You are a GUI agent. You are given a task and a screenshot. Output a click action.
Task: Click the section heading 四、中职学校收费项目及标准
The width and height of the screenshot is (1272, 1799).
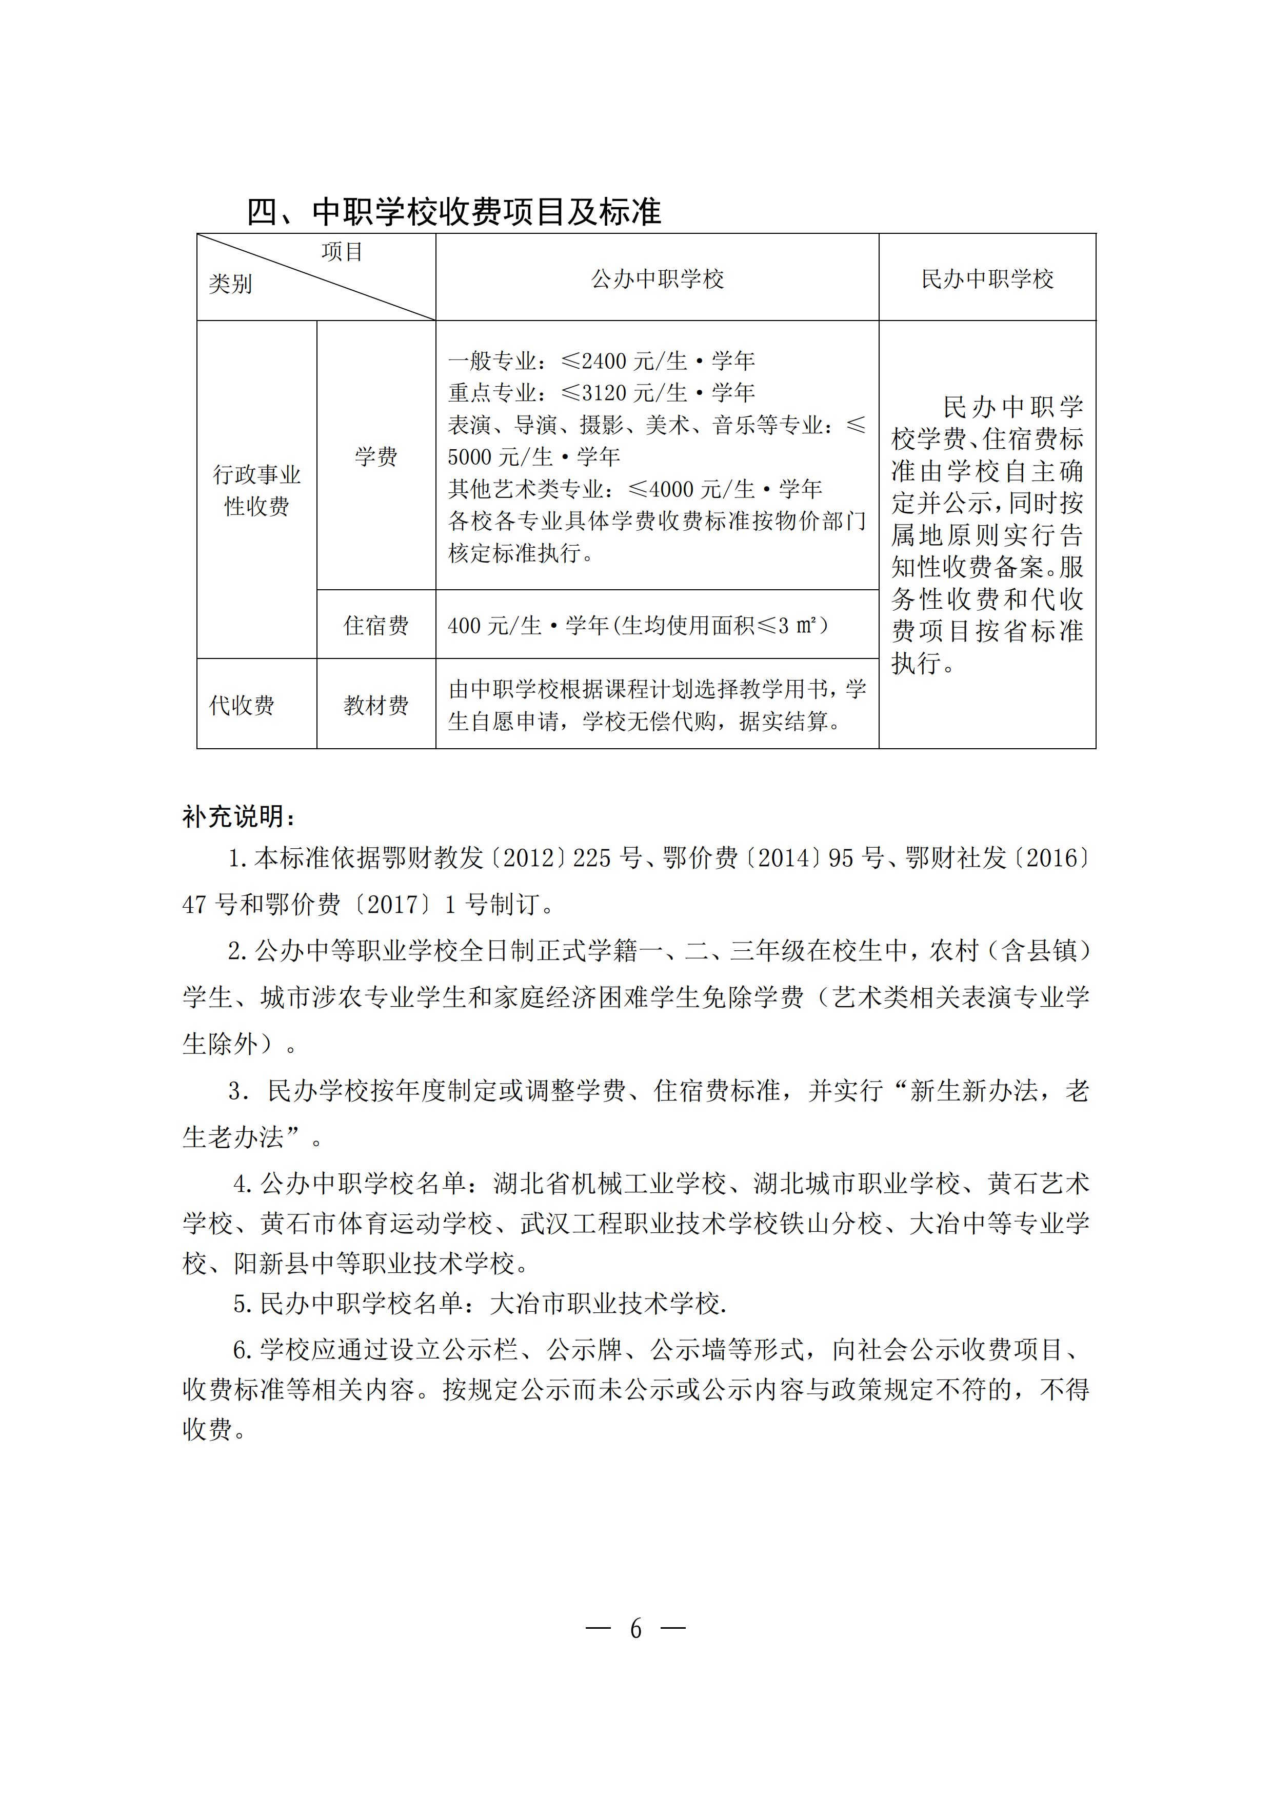pyautogui.click(x=454, y=212)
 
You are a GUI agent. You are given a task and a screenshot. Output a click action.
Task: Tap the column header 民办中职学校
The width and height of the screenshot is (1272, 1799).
pyautogui.click(x=987, y=279)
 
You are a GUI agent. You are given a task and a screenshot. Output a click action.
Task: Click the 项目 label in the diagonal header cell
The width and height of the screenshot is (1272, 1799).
pyautogui.click(x=342, y=251)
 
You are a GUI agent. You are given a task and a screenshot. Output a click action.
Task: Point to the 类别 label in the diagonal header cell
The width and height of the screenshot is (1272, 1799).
pyautogui.click(x=230, y=284)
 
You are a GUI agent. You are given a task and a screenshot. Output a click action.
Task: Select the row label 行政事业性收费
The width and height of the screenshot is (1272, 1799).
pyautogui.click(x=256, y=490)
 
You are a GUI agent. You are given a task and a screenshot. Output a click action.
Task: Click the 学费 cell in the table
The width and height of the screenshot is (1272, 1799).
pyautogui.click(x=376, y=457)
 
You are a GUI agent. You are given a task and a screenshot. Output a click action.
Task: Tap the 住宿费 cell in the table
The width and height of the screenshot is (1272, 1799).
pyautogui.click(x=376, y=625)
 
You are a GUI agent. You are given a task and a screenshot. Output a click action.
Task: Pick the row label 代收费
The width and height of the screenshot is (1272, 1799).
pyautogui.click(x=242, y=705)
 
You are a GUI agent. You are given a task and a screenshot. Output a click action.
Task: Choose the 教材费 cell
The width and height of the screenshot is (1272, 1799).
pyautogui.click(x=376, y=705)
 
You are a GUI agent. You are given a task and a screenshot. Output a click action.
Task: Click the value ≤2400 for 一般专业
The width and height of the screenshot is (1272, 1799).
pyautogui.click(x=595, y=361)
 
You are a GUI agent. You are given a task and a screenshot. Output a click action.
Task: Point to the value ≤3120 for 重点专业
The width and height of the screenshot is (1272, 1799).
pyautogui.click(x=595, y=392)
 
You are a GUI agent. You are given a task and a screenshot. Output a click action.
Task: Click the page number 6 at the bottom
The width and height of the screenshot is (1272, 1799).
pyautogui.click(x=635, y=1629)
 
